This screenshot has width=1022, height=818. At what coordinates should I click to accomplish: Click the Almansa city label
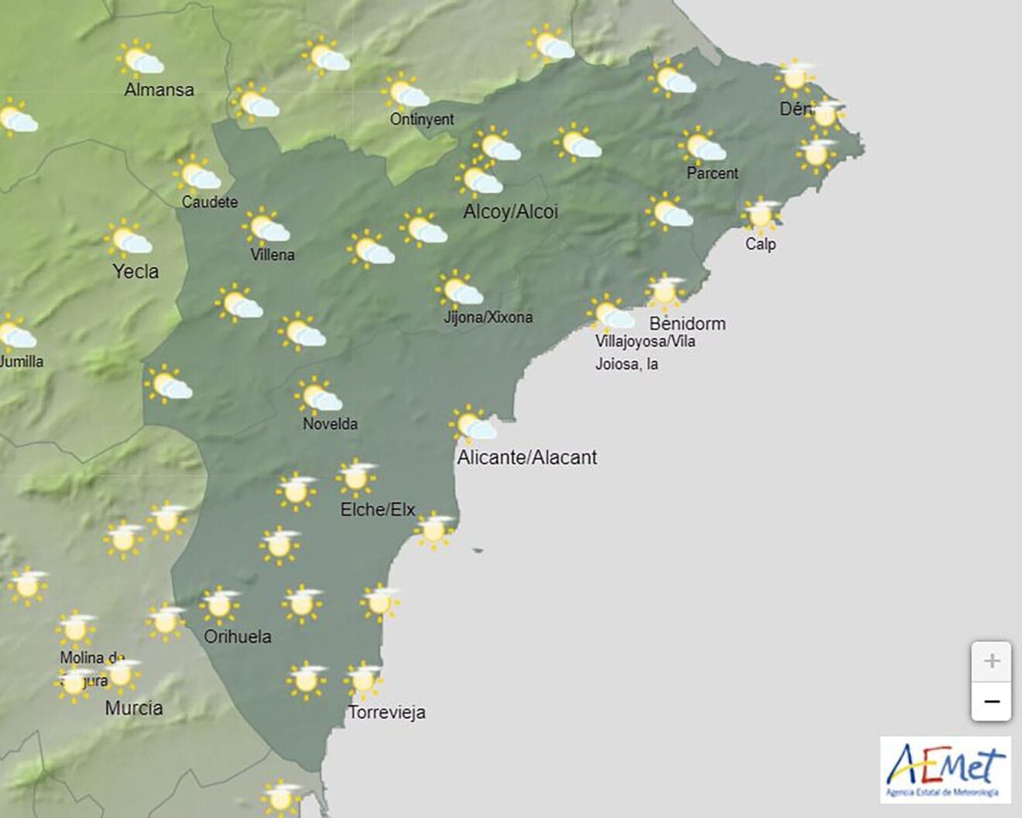[159, 90]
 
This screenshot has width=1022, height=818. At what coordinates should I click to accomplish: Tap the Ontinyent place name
[422, 119]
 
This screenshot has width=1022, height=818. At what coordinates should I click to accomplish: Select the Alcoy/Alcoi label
[510, 211]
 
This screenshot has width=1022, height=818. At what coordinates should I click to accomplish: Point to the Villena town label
[273, 254]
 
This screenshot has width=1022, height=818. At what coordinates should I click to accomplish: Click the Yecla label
[135, 272]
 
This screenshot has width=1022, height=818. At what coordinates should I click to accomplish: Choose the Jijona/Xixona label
[488, 317]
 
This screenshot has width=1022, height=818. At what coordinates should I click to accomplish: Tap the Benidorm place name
[688, 324]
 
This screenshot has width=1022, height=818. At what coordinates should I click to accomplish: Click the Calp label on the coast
[760, 244]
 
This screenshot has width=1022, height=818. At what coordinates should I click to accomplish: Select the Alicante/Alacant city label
[527, 458]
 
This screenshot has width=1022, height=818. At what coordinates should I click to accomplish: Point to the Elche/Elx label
[378, 510]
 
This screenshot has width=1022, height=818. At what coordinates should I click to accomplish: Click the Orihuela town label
[238, 637]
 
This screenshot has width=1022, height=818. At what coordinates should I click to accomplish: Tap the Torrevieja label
[387, 713]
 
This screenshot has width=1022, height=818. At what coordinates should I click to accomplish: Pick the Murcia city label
[134, 708]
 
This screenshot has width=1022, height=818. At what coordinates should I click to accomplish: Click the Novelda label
[330, 424]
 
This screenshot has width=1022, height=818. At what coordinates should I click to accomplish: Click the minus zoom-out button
[991, 702]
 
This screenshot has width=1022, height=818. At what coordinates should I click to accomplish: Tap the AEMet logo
[945, 769]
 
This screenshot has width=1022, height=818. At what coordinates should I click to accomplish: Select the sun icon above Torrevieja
[362, 679]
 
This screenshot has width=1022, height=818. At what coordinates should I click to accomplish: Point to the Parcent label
[712, 174]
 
